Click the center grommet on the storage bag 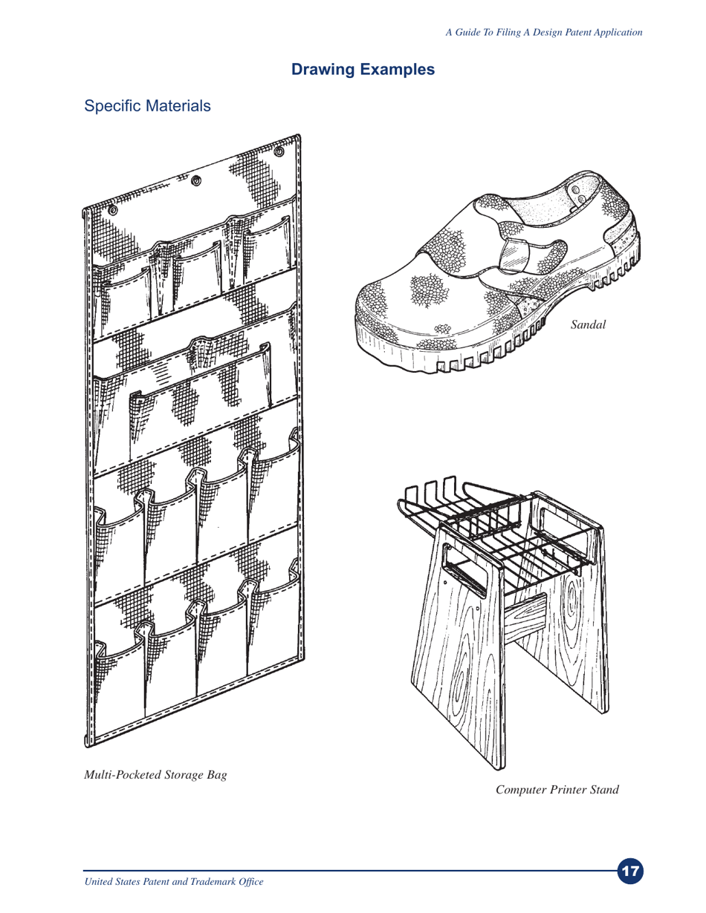(197, 180)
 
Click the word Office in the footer (250, 881)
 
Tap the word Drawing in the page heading (323, 70)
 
